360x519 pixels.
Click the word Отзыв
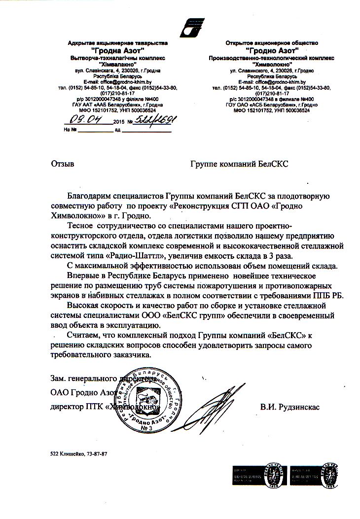[62, 163]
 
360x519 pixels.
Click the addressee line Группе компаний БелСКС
[239, 163]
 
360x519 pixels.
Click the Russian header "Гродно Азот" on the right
[272, 51]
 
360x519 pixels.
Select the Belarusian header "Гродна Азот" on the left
[118, 51]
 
